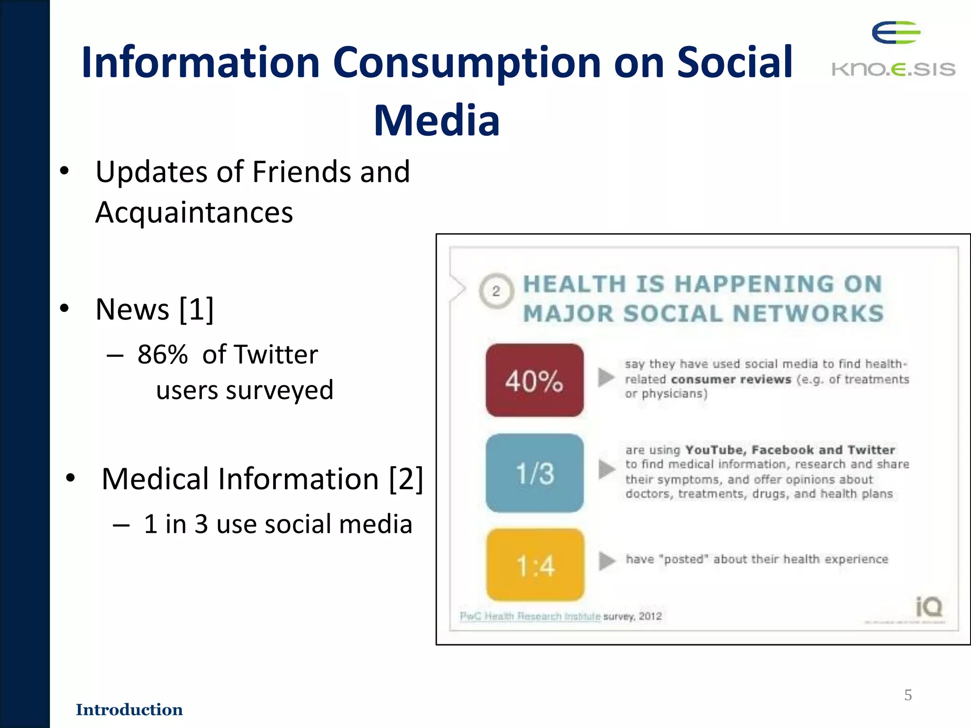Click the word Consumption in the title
pos(467,63)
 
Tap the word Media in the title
pos(437,121)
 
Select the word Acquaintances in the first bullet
pos(194,212)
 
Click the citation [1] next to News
pos(197,309)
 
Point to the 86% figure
pos(163,355)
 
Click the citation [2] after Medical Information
pos(406,479)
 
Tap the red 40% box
pos(534,381)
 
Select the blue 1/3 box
pos(534,473)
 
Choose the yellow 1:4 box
pos(535,565)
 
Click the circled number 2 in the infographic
pos(496,291)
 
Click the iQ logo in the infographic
pos(929,607)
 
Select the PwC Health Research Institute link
pos(530,616)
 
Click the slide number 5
pos(908,695)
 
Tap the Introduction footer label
pos(129,710)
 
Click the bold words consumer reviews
pos(731,379)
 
